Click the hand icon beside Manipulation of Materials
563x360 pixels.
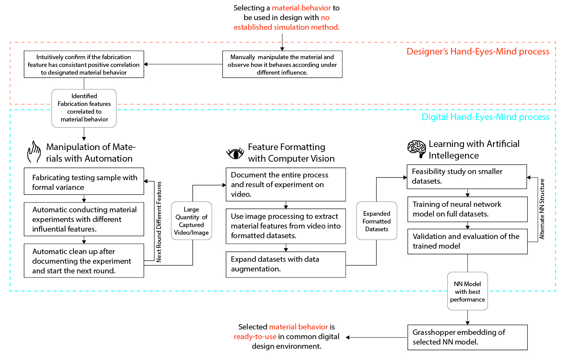click(x=34, y=152)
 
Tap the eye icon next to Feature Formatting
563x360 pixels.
click(x=235, y=154)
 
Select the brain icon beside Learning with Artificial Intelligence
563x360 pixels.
click(x=417, y=148)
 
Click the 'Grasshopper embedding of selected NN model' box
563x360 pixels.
click(x=467, y=337)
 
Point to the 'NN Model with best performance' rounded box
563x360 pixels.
click(x=467, y=292)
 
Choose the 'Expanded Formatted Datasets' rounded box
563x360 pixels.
click(x=376, y=221)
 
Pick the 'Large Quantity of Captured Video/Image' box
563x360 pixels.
click(x=191, y=221)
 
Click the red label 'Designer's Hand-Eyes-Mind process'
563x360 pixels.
click(x=478, y=51)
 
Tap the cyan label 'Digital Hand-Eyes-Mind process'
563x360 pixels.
click(x=485, y=117)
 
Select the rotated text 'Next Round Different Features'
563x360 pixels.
click(x=159, y=222)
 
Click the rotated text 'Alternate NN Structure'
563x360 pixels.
click(x=542, y=209)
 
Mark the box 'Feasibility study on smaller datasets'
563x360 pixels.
click(x=467, y=176)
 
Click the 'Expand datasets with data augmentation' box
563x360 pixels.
click(x=286, y=264)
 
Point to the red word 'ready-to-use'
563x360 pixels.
click(x=255, y=336)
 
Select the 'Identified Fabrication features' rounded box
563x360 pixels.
click(x=84, y=108)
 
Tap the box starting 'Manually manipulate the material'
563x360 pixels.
click(x=282, y=65)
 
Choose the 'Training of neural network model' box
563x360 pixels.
click(x=467, y=209)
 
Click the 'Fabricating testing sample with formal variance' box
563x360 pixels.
click(x=84, y=181)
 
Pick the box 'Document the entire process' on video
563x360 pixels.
click(x=286, y=184)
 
